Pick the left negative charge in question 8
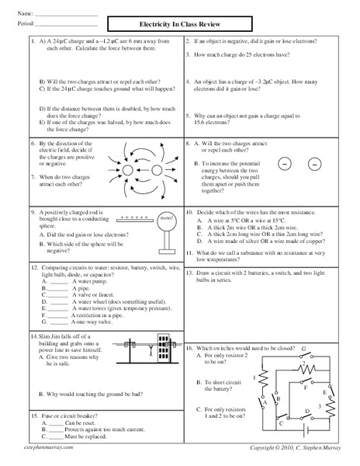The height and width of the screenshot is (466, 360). click(x=284, y=165)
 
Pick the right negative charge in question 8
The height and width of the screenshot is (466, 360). click(x=314, y=165)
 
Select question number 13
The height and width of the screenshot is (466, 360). click(x=189, y=273)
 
